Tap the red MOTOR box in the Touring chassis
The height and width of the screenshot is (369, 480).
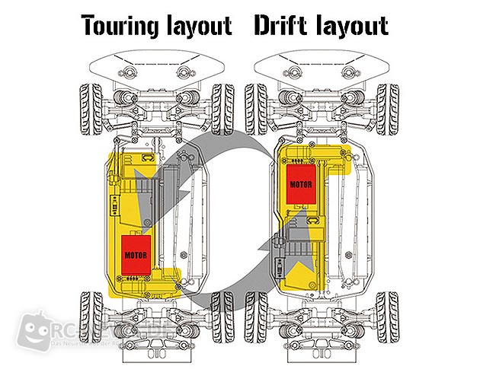(x=138, y=252)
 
